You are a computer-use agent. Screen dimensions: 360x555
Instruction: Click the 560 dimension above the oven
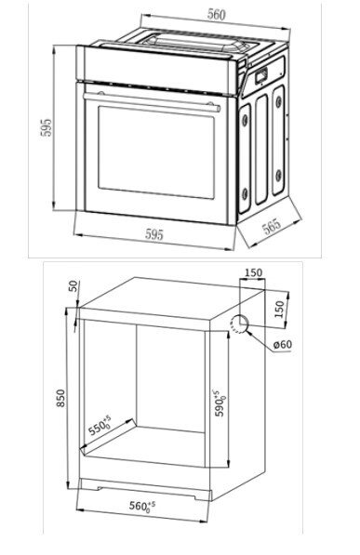[x=216, y=15]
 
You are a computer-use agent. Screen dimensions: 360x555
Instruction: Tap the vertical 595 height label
[x=47, y=127]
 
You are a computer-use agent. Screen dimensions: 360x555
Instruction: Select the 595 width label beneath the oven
[x=154, y=234]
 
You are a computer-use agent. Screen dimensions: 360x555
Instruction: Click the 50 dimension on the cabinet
[x=73, y=285]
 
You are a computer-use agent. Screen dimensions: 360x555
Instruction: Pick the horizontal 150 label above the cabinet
[x=254, y=272]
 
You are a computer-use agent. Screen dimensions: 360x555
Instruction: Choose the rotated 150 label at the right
[x=280, y=310]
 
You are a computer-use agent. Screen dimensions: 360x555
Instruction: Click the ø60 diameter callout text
[x=283, y=344]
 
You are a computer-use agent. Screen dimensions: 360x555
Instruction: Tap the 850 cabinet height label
[x=61, y=398]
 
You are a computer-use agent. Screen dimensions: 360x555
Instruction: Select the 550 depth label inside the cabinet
[x=100, y=426]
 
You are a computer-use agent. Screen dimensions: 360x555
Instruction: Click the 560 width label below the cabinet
[x=142, y=506]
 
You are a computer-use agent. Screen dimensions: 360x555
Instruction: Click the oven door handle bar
[x=152, y=101]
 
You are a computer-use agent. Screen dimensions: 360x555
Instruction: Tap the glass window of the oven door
[x=156, y=152]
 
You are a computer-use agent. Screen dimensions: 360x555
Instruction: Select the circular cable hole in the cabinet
[x=239, y=324]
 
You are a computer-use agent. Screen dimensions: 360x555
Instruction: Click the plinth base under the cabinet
[x=145, y=488]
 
